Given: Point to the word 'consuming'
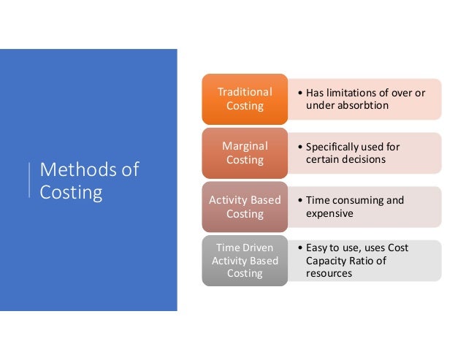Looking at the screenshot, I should pos(360,201).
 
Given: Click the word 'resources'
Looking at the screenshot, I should pos(329,273).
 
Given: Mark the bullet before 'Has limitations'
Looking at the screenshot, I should pos(299,93).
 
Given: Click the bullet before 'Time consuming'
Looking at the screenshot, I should pos(299,201).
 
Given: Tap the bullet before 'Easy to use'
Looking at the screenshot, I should pos(299,248).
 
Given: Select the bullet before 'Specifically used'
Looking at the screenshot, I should pos(299,147).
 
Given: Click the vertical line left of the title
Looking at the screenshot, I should pos(29,180).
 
